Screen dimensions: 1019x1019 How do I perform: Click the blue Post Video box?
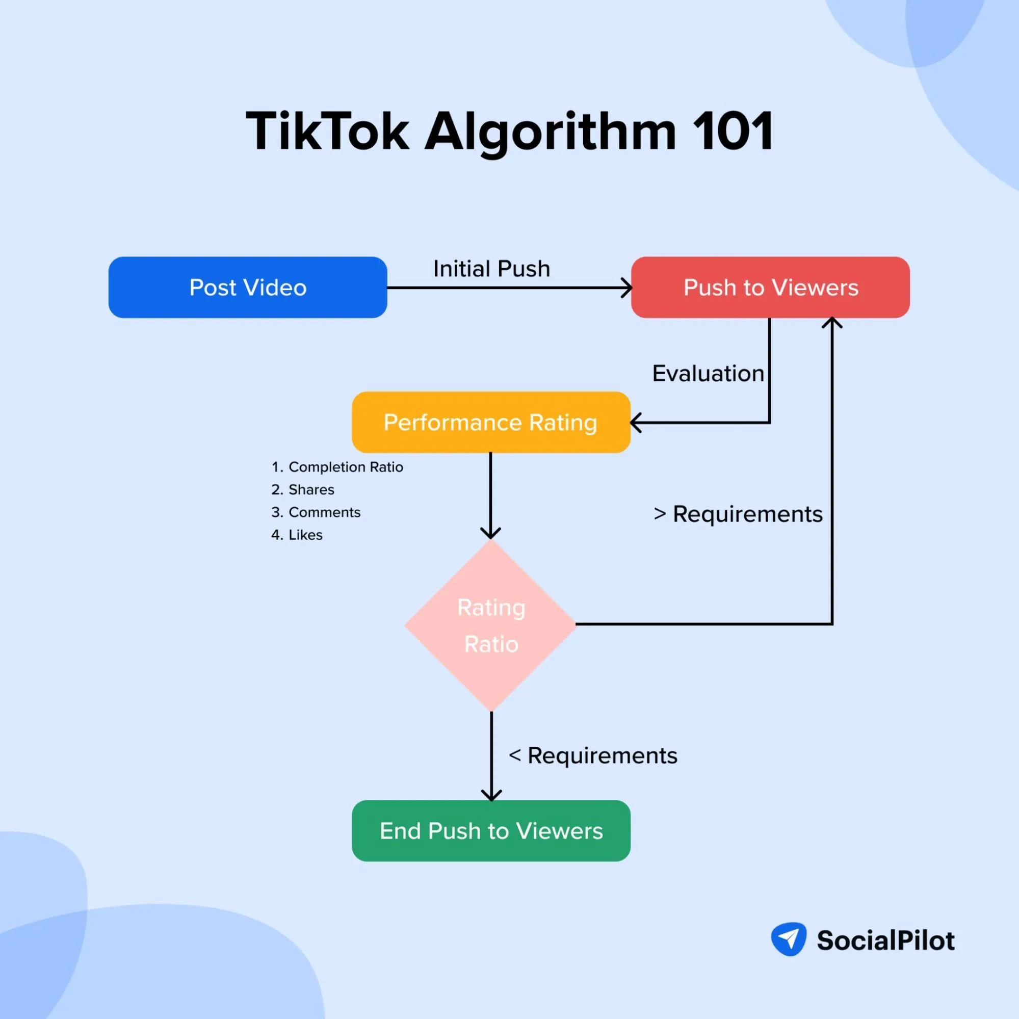[x=247, y=288]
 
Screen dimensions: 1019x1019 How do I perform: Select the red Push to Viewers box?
[x=770, y=288]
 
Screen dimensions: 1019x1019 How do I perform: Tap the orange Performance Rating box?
[x=490, y=422]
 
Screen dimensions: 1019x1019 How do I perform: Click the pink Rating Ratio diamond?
[x=490, y=625]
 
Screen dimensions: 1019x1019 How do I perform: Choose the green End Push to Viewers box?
[x=490, y=831]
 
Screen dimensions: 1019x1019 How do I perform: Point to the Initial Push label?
[x=491, y=269]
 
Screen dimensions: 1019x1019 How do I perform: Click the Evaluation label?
[x=708, y=374]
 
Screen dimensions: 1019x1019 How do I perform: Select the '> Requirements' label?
[x=737, y=514]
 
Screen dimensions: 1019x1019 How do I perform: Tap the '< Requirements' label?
[x=592, y=755]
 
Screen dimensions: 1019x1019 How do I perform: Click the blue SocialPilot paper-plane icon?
[x=789, y=939]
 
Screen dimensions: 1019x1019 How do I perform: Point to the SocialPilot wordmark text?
[x=885, y=940]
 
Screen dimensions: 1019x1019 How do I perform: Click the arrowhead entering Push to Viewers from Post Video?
[x=626, y=288]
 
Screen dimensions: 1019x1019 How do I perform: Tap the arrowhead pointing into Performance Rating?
[x=636, y=423]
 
